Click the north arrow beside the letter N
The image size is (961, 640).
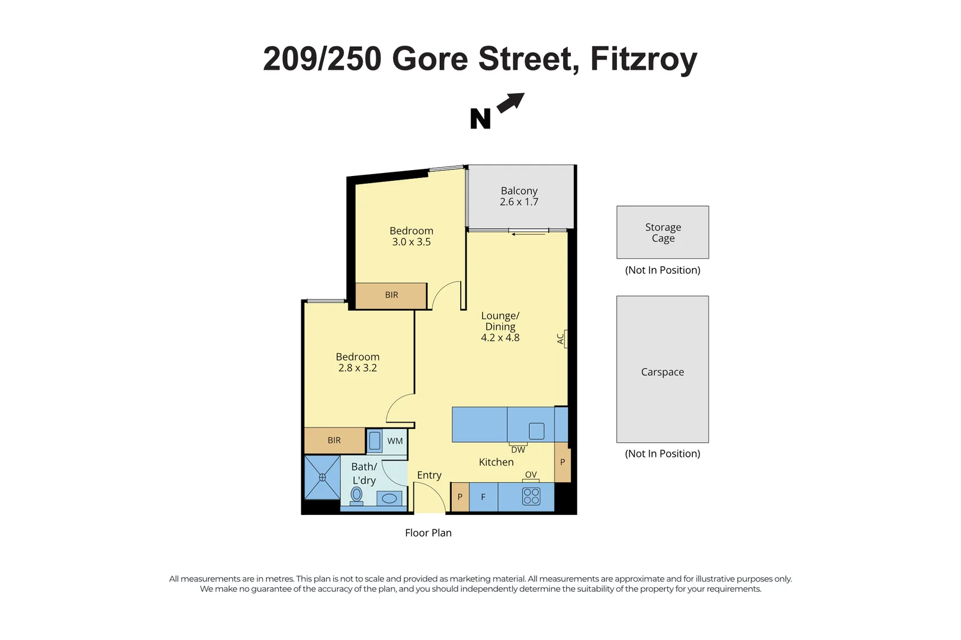(x=510, y=103)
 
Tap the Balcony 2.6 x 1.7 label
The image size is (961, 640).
(x=519, y=196)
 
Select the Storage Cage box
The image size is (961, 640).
(x=662, y=232)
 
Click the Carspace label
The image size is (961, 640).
(x=662, y=372)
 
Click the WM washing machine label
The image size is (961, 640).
(x=395, y=441)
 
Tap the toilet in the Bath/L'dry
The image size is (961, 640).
(x=356, y=495)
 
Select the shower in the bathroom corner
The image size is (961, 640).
(x=322, y=477)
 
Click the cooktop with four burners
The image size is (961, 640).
(x=531, y=497)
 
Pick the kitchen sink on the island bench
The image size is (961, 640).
(x=536, y=431)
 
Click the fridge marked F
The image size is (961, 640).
(x=483, y=497)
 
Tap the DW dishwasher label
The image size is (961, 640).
(x=518, y=450)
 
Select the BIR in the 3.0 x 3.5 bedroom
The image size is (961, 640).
(x=391, y=295)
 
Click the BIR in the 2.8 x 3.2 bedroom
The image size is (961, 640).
(x=334, y=440)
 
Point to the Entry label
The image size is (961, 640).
(x=429, y=475)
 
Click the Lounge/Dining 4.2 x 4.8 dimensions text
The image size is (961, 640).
(x=500, y=338)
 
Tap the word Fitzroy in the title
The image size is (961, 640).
(x=644, y=59)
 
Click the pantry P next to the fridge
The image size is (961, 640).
(x=460, y=497)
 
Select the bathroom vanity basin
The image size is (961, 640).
(x=389, y=498)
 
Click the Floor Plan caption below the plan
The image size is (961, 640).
(x=428, y=533)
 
